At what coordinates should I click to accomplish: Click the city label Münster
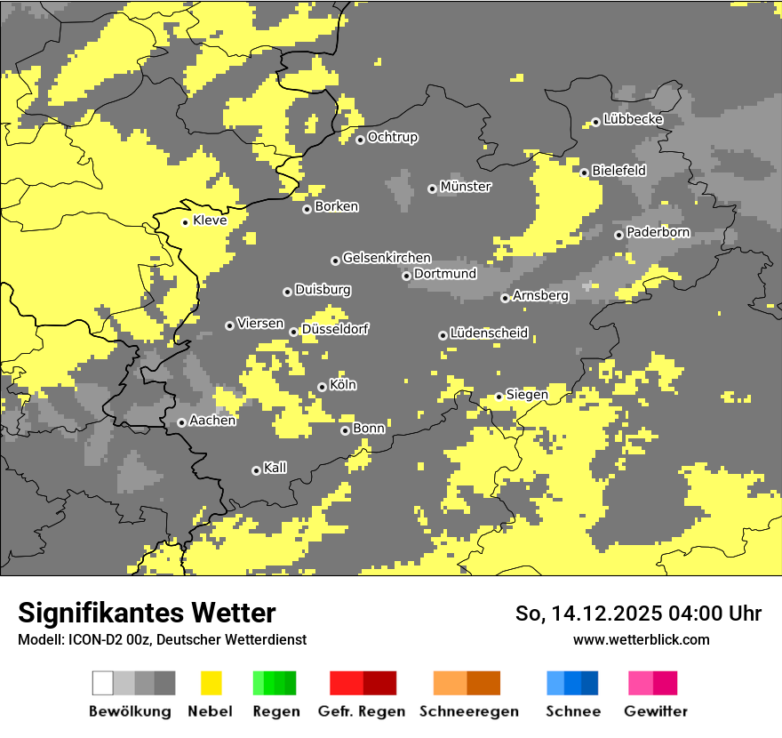pyautogui.click(x=466, y=187)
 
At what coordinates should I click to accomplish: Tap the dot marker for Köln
pyautogui.click(x=322, y=387)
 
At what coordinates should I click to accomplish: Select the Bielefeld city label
pyautogui.click(x=618, y=170)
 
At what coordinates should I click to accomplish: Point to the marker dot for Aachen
pyautogui.click(x=181, y=422)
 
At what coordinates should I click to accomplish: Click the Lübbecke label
pyautogui.click(x=633, y=119)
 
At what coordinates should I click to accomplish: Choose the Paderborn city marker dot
pyautogui.click(x=618, y=235)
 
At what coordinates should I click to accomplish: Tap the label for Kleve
pyautogui.click(x=210, y=221)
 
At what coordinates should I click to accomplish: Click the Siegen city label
pyautogui.click(x=527, y=394)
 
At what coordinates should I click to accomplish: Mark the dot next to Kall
pyautogui.click(x=256, y=470)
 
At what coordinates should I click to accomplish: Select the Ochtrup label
pyautogui.click(x=393, y=137)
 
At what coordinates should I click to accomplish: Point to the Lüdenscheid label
pyautogui.click(x=489, y=333)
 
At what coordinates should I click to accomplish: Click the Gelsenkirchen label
pyautogui.click(x=387, y=258)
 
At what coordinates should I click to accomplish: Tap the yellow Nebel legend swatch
pyautogui.click(x=211, y=683)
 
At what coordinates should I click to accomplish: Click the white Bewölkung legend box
pyautogui.click(x=103, y=683)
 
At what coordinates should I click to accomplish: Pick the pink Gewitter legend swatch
pyautogui.click(x=641, y=683)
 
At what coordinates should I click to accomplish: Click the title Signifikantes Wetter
pyautogui.click(x=147, y=613)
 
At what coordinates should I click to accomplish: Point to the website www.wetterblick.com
pyautogui.click(x=641, y=639)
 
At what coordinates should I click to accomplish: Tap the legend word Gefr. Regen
pyautogui.click(x=362, y=711)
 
